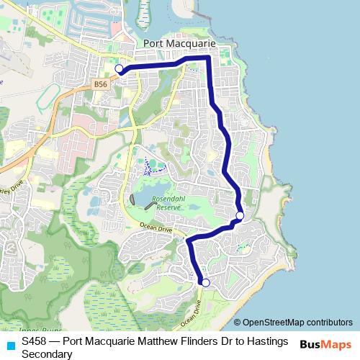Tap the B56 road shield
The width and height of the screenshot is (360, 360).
pos(101,84)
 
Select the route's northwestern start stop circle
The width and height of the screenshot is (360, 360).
pos(120,69)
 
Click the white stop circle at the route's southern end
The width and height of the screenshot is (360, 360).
pos(205,283)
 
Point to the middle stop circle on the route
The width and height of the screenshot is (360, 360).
pos(240,215)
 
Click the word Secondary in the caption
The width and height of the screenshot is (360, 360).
pos(47,354)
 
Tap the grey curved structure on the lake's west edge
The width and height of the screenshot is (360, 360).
pos(134,199)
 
